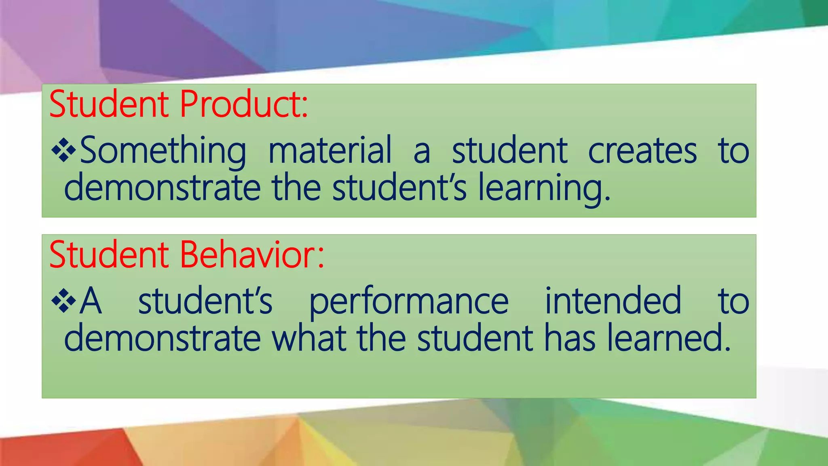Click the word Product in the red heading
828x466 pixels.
(243, 104)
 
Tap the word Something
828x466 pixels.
(163, 150)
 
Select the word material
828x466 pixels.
(330, 150)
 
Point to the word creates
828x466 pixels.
(642, 150)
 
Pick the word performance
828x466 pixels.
(409, 301)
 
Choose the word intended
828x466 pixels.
(613, 301)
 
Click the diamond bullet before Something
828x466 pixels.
(63, 151)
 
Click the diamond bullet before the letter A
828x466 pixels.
(63, 301)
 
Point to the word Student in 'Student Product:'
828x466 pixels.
(109, 104)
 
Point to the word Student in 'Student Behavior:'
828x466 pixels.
(109, 255)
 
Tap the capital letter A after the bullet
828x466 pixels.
(91, 301)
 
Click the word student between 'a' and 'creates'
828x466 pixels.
(510, 150)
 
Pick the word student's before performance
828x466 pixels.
(205, 301)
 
